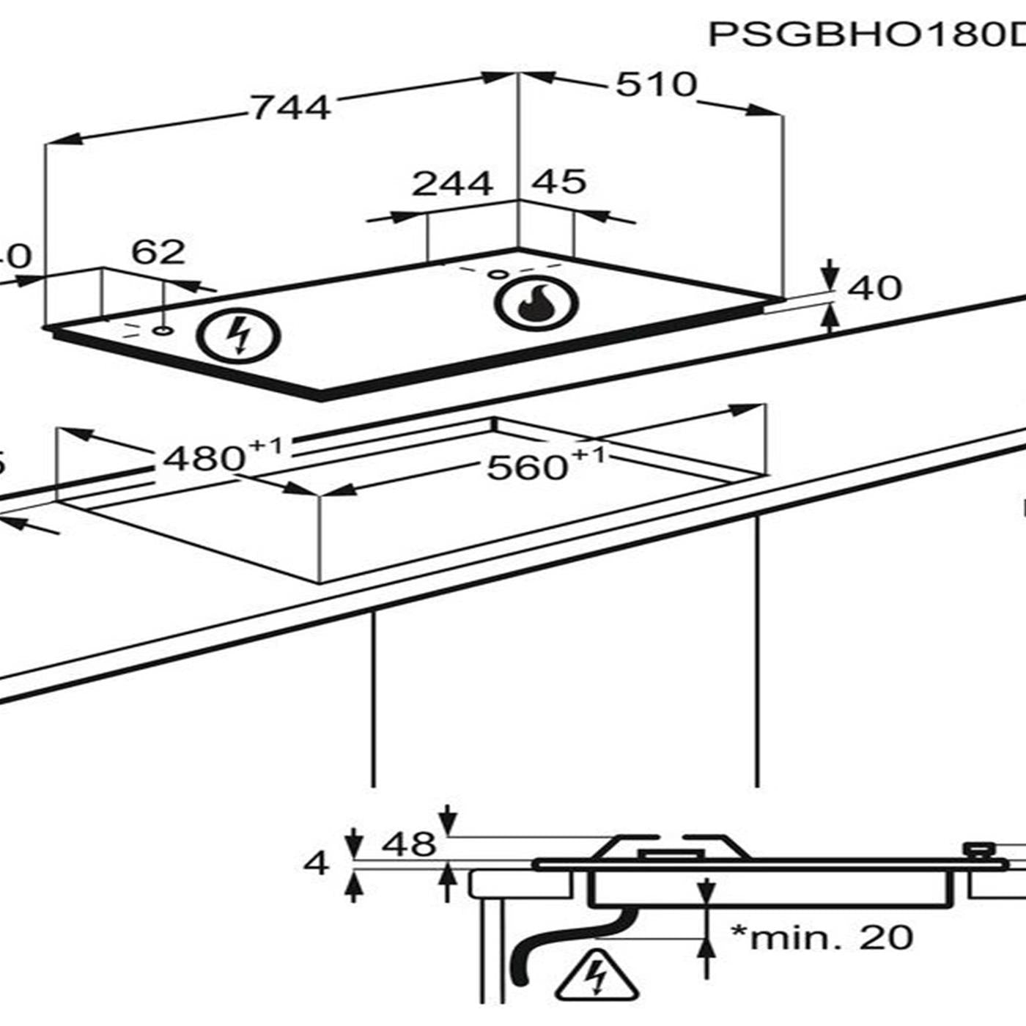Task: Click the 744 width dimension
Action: click(x=291, y=107)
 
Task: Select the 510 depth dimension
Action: click(x=655, y=84)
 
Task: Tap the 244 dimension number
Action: click(x=451, y=183)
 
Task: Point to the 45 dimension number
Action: click(x=558, y=182)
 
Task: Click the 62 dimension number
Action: click(x=158, y=252)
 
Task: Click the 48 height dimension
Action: click(x=408, y=844)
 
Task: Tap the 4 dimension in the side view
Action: click(x=316, y=864)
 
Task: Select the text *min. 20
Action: click(x=822, y=937)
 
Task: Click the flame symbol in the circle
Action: click(x=536, y=303)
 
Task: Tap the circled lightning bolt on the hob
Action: click(x=238, y=337)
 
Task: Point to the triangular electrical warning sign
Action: click(x=597, y=976)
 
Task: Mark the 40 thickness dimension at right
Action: click(x=874, y=288)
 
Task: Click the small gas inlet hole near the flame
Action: click(x=497, y=275)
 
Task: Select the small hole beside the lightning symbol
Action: click(x=163, y=331)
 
